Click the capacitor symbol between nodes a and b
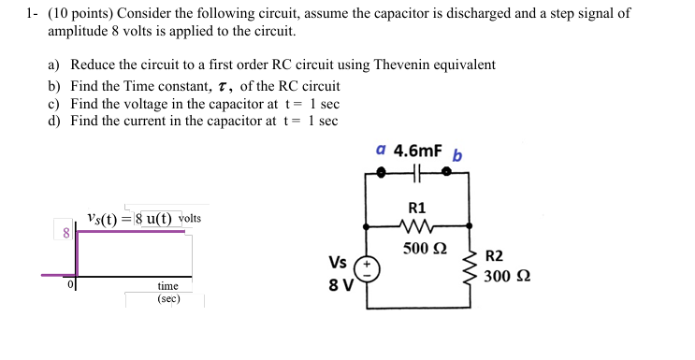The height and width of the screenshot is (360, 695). click(416, 172)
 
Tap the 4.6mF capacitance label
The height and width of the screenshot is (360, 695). click(418, 150)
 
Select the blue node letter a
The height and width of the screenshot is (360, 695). click(380, 149)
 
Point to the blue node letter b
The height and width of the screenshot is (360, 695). click(456, 154)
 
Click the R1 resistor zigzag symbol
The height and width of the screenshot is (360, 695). click(417, 225)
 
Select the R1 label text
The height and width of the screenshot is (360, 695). click(417, 208)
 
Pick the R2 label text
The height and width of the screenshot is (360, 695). click(495, 256)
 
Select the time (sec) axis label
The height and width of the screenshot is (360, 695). click(168, 293)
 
